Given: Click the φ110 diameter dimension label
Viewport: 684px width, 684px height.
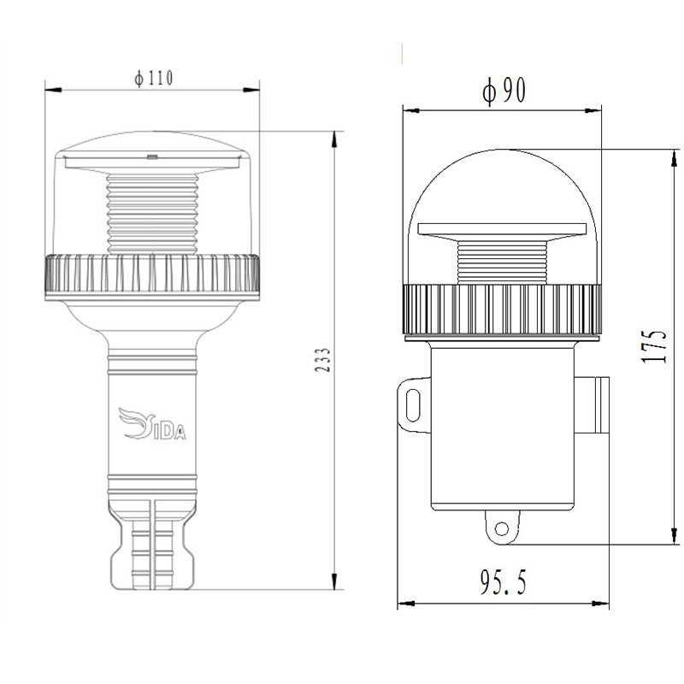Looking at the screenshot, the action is tap(154, 78).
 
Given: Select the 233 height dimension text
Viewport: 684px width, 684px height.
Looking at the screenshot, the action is tap(323, 360).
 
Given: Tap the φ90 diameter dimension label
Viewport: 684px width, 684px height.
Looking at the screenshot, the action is tap(504, 91).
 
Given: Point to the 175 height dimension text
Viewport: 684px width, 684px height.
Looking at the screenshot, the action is tap(654, 345).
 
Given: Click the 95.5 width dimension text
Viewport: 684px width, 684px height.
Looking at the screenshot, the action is tap(504, 581).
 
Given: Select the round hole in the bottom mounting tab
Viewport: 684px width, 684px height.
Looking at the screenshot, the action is tap(502, 528).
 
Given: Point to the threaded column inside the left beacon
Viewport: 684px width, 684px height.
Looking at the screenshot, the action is tap(152, 215).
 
